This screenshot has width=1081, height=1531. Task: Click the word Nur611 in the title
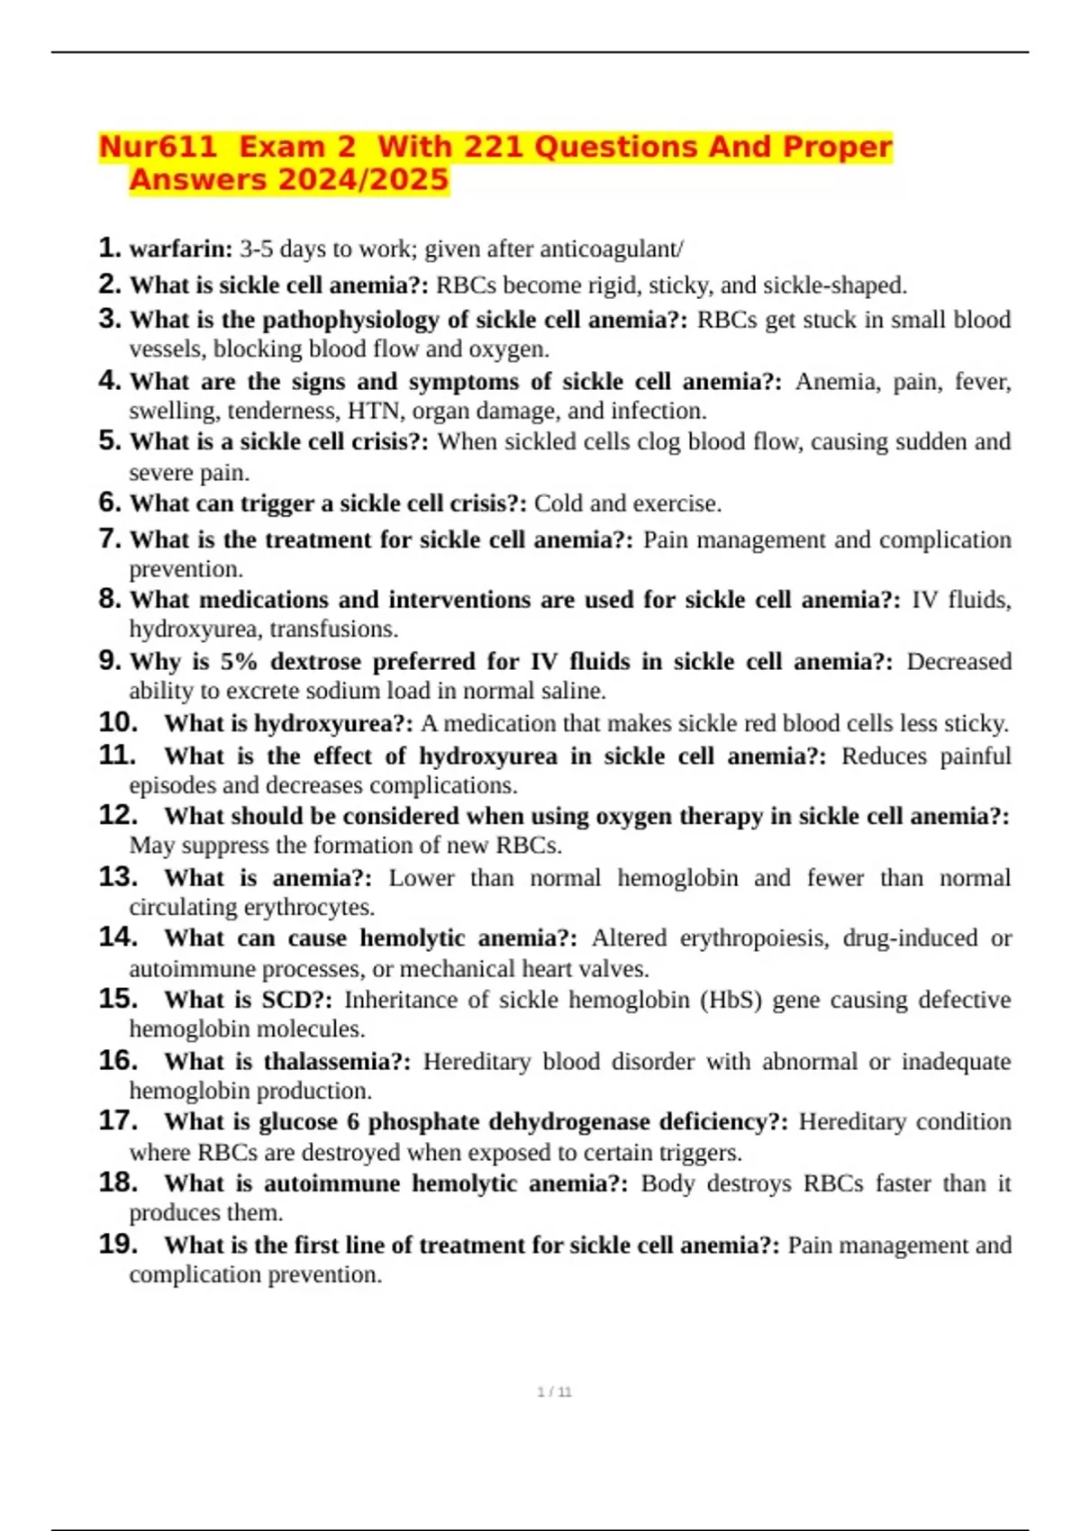click(x=158, y=147)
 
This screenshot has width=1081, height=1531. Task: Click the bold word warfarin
click(x=180, y=249)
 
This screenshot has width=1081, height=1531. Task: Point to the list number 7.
click(x=109, y=539)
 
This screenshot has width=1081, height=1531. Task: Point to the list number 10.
click(x=117, y=722)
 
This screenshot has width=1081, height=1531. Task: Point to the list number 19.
click(x=117, y=1244)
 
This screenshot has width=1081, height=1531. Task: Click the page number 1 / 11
click(x=554, y=1392)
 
